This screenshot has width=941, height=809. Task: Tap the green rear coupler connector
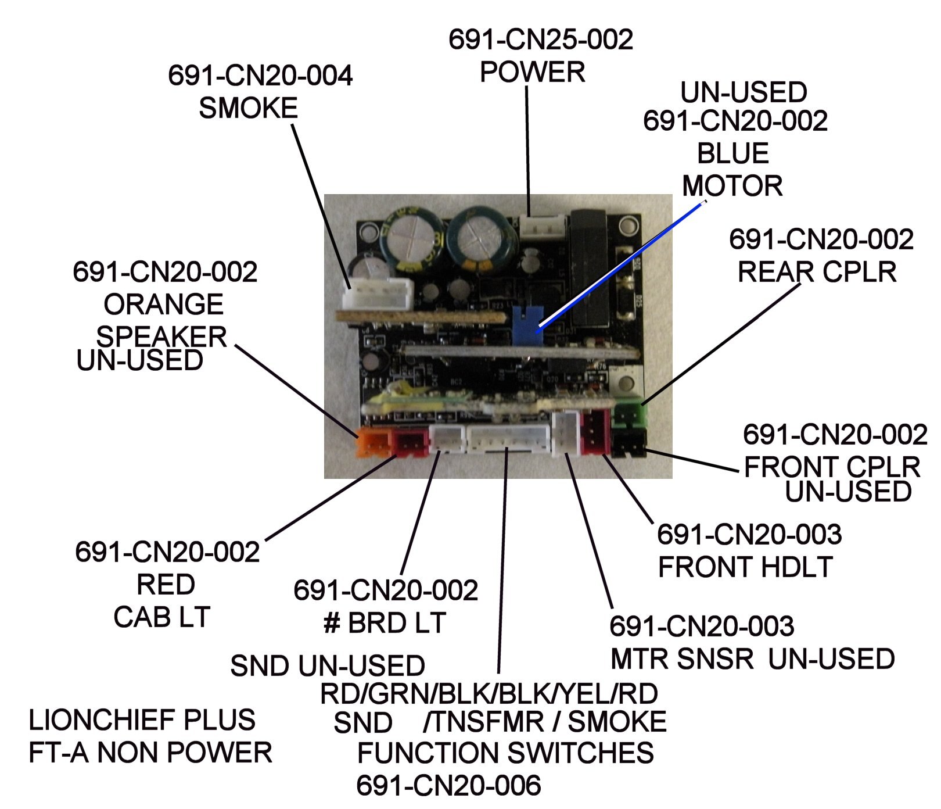630,414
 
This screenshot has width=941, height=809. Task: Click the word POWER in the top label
532,72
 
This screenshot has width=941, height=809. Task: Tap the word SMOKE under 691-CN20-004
248,108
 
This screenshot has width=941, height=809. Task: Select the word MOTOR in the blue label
732,186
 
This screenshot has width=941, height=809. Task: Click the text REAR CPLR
817,272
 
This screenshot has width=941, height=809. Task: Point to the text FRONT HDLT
745,567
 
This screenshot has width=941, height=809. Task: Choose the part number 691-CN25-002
540,40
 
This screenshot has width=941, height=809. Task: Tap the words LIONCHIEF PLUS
142,720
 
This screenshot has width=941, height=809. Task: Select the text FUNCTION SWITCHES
505,753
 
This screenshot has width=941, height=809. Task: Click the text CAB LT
161,617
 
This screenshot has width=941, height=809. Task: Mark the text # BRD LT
385,623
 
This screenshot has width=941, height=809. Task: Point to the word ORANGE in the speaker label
163,304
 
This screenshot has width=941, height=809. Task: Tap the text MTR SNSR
682,659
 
